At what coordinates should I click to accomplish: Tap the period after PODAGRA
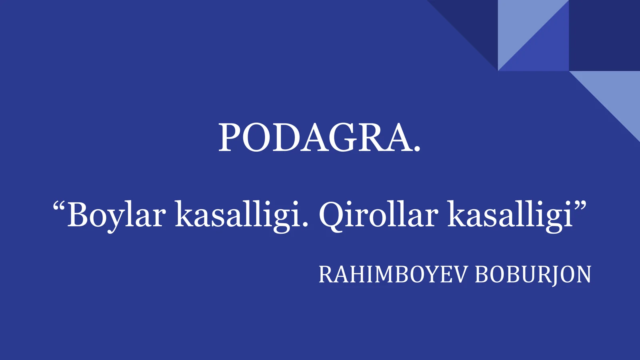click(x=417, y=150)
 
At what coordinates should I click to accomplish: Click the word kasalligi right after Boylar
click(x=238, y=215)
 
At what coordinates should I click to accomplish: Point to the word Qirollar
click(x=378, y=215)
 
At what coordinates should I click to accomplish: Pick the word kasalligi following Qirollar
click(x=510, y=215)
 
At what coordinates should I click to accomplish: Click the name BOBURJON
click(x=533, y=274)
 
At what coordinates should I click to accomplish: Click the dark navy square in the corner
click(x=604, y=35)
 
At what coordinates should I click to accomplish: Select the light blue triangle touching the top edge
click(x=520, y=24)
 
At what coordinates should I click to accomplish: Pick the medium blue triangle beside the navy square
click(x=548, y=50)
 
